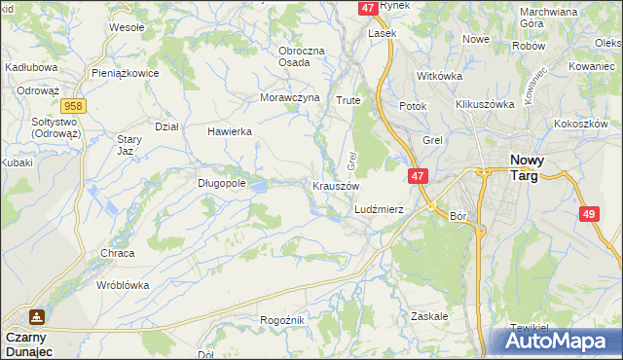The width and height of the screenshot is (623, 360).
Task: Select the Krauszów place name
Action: point(337,185)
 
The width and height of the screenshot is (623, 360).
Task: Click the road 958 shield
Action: point(71,105)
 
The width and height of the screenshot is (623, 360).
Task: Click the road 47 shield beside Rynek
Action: point(367,8)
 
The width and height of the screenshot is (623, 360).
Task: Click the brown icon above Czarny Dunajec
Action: point(36,317)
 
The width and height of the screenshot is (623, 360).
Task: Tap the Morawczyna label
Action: point(290,98)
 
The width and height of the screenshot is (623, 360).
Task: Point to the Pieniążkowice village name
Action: point(124,73)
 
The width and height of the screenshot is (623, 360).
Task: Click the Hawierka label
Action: point(230,130)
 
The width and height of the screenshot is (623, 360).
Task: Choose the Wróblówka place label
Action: point(123,286)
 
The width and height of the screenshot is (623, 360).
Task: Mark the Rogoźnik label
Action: point(283,320)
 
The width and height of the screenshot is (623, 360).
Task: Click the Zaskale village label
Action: point(429,316)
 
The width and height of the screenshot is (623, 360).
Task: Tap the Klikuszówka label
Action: point(484,104)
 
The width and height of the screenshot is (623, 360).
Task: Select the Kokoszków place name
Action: point(580,125)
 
